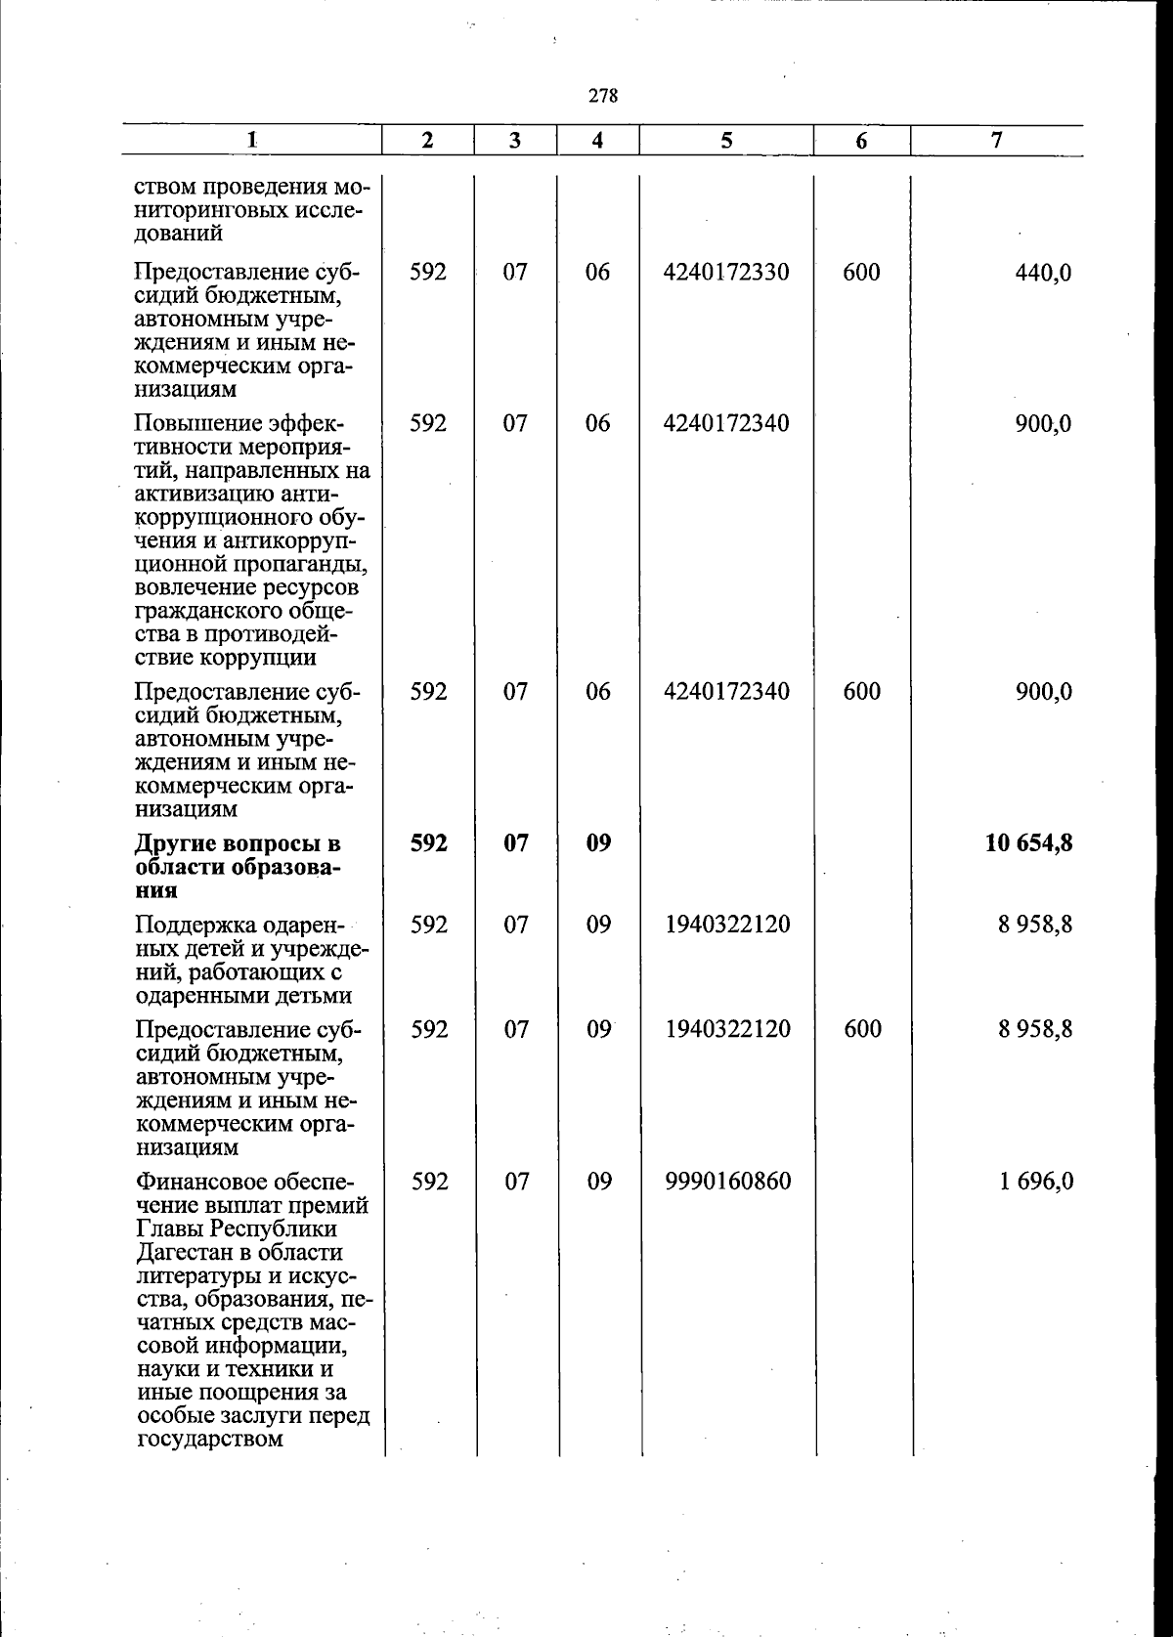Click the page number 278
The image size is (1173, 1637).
point(603,96)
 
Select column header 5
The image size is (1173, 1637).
point(726,141)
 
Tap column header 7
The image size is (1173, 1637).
point(995,141)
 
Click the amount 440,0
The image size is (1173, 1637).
point(1044,273)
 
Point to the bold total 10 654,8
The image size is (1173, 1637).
point(1029,842)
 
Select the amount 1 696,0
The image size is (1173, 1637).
point(1036,1182)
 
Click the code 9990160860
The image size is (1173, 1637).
point(727,1182)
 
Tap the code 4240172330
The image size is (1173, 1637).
point(726,272)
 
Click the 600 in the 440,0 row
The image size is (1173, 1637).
point(861,272)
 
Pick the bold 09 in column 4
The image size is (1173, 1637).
point(598,842)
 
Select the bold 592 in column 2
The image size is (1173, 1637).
point(428,842)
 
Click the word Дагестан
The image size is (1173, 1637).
point(184,1253)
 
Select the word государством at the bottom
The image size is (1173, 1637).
point(209,1439)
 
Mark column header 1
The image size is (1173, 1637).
point(251,141)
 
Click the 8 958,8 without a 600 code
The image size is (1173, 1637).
point(1036,925)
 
